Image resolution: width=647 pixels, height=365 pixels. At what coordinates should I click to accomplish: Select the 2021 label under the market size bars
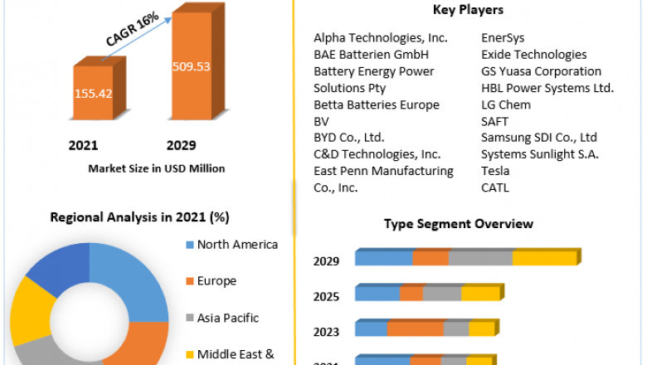(84, 145)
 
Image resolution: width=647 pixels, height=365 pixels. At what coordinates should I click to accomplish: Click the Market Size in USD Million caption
(156, 168)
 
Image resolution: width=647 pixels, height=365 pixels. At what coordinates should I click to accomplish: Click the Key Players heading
(467, 10)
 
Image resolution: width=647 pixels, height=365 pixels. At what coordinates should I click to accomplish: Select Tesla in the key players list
(496, 171)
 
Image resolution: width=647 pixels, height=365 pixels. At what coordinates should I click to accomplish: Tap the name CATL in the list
(496, 187)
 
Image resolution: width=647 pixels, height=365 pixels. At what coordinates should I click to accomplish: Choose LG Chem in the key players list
(506, 105)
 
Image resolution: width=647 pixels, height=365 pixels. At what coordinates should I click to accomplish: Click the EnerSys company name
(503, 38)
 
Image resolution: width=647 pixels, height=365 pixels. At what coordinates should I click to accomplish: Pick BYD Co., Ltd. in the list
(349, 138)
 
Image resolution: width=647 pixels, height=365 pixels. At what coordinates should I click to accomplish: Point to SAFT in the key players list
(496, 121)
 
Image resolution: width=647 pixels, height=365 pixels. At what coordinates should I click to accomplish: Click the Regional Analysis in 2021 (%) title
(140, 217)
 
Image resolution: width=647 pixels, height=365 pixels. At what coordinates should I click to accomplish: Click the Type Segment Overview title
(458, 224)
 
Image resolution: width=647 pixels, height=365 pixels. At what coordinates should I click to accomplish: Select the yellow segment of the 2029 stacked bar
(543, 259)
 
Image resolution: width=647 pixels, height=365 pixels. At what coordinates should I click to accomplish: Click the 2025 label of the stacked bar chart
(326, 296)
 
